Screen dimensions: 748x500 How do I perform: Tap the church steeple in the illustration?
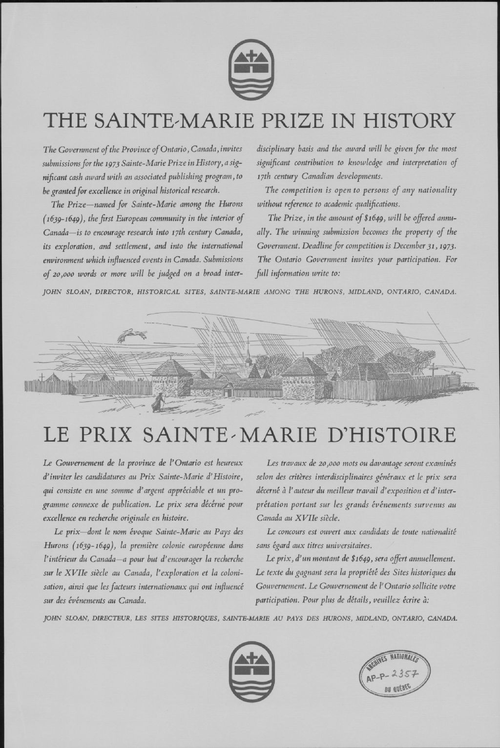248,350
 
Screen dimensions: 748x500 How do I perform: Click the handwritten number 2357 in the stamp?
401,673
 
